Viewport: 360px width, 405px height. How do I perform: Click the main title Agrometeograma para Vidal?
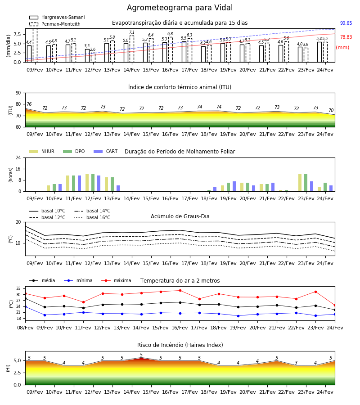coord(180,8)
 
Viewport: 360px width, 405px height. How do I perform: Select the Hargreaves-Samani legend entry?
coord(57,17)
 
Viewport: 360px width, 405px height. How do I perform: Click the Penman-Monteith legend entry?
coord(55,24)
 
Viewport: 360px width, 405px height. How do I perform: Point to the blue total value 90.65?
coord(346,23)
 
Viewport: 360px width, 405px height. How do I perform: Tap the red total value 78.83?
coord(346,37)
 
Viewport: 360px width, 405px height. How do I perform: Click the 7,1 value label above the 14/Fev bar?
coord(132,32)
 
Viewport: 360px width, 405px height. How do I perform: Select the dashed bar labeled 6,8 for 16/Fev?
coord(171,49)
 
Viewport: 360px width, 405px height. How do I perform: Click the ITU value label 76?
coord(29,104)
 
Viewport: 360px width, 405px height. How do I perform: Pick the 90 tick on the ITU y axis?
coord(18,93)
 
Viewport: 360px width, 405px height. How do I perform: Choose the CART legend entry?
coord(106,151)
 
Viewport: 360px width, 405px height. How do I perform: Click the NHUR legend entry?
coord(42,151)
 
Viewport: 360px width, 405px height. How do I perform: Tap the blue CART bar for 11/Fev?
coord(79,184)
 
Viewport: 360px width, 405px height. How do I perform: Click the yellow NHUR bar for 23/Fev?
coord(300,183)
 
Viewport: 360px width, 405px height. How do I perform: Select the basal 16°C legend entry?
coord(92,217)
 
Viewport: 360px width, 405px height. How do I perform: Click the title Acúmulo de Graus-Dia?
coord(180,216)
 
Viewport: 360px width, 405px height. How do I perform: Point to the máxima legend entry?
coord(117,280)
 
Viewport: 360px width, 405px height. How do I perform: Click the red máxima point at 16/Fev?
coord(180,291)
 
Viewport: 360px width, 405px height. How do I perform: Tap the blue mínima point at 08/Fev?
coord(25,306)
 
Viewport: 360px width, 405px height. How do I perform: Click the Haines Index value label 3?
coord(296,362)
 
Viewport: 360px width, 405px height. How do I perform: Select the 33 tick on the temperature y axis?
coord(18,288)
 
